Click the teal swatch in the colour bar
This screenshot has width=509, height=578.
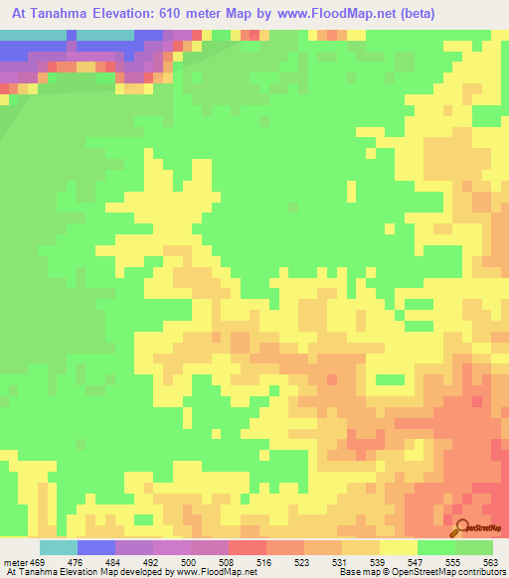(x=58, y=547)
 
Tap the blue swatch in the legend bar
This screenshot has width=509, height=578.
(x=95, y=547)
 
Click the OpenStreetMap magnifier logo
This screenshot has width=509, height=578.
(x=462, y=527)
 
